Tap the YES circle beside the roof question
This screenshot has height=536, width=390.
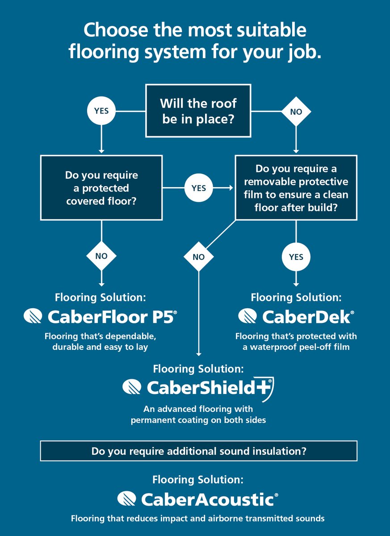pos(101,110)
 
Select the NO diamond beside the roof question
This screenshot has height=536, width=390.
pos(296,112)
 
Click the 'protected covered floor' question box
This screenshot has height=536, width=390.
pos(102,188)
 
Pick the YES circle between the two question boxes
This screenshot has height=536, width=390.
pos(199,188)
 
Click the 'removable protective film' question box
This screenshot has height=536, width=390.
pos(296,188)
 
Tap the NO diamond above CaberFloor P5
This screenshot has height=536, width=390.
pos(101,256)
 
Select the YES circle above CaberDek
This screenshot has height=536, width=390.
pos(296,257)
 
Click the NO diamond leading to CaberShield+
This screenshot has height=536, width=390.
pos(199,257)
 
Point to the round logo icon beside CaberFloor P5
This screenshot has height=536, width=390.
pos(34,317)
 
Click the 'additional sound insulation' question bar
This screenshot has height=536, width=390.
pos(199,451)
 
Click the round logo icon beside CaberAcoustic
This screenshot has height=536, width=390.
pos(127,499)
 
